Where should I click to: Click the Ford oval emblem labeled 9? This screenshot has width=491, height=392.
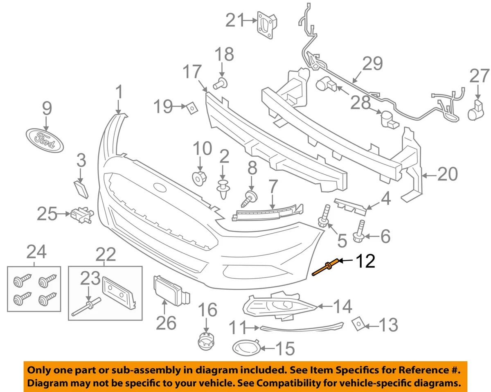pos(45,140)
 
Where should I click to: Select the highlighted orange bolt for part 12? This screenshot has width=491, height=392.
pos(326,269)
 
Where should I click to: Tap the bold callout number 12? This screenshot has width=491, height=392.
pos(365,261)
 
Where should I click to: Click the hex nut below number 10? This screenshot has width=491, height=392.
pos(200,178)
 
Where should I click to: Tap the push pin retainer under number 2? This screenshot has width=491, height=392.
pos(224,189)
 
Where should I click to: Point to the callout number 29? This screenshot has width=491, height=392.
pos(372,63)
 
